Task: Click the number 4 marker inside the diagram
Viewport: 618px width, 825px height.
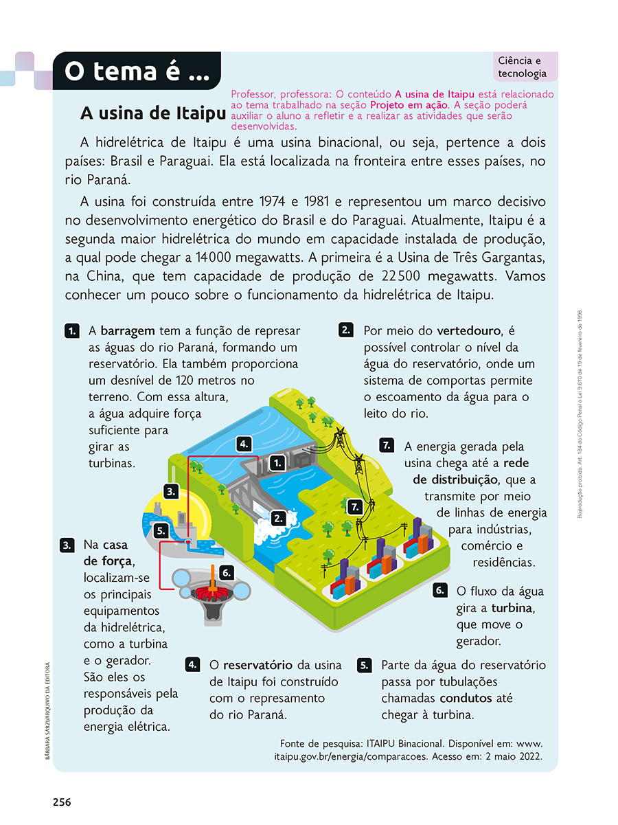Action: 243,444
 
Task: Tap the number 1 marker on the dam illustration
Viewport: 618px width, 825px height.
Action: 277,463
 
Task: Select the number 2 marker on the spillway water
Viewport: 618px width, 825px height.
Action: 277,519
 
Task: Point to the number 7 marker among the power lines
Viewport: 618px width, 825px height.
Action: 354,508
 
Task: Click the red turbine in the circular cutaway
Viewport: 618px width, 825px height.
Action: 211,591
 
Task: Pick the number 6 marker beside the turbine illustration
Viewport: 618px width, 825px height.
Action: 227,572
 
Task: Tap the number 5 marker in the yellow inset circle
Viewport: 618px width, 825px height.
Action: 161,531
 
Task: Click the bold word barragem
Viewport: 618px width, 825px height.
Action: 128,330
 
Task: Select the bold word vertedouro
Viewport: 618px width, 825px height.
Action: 469,330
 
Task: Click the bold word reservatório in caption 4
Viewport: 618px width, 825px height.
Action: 257,665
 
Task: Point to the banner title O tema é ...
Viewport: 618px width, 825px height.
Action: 137,71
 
